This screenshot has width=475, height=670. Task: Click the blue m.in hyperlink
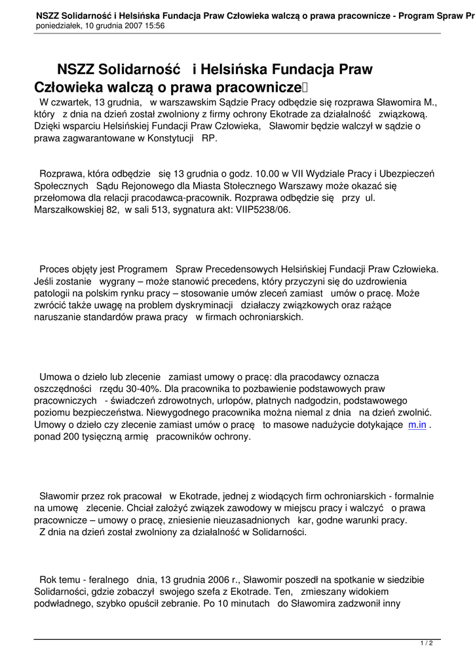tap(417, 425)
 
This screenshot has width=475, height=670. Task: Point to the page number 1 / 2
tap(426, 643)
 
